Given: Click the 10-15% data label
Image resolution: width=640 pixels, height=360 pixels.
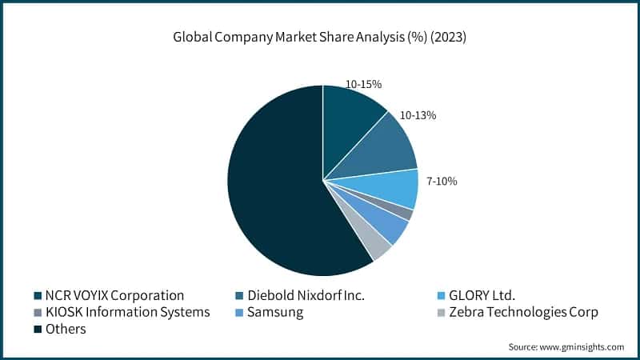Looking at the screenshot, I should [364, 83].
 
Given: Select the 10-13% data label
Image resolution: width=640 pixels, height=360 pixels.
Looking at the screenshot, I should [418, 115].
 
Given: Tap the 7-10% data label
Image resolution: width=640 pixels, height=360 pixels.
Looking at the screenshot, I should [442, 182].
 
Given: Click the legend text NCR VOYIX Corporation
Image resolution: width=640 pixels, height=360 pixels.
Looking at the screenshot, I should [114, 295].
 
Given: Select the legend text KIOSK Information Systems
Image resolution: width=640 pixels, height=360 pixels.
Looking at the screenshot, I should [127, 312].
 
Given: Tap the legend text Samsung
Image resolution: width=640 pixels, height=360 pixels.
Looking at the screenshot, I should [275, 312].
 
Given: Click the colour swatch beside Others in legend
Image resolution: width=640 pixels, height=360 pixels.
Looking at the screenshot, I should [38, 329].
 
